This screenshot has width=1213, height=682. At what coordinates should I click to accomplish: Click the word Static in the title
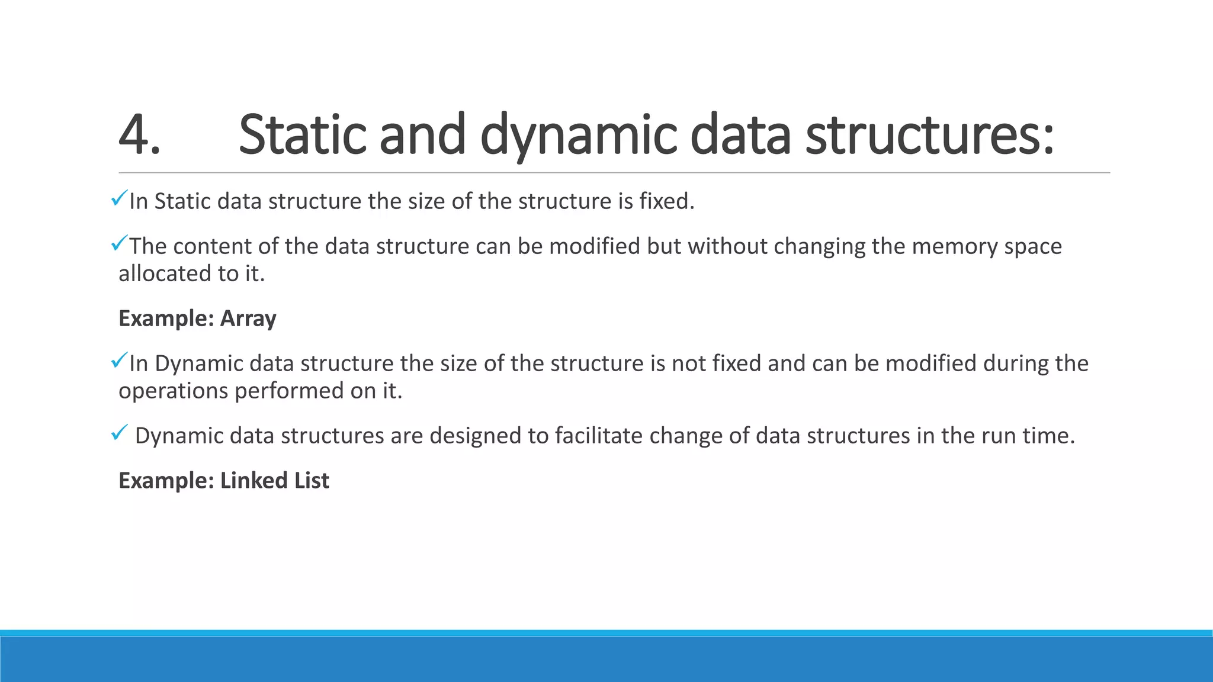coord(301,135)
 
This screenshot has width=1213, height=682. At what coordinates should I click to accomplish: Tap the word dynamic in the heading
coord(578,135)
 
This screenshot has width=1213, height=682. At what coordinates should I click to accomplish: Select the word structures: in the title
coord(929,135)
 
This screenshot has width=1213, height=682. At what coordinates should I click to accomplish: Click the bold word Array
coord(248,319)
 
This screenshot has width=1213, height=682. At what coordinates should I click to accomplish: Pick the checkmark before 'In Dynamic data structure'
coord(119,359)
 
